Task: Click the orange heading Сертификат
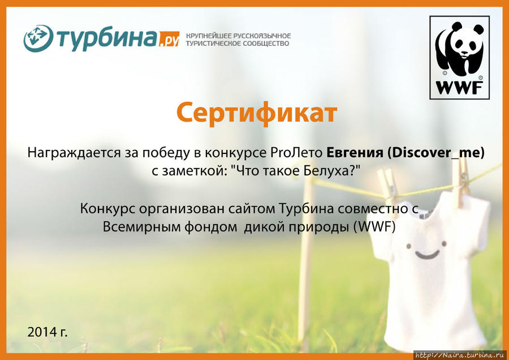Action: coord(256,113)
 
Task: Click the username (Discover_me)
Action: coord(435,153)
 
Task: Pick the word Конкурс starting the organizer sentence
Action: coord(107,208)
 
